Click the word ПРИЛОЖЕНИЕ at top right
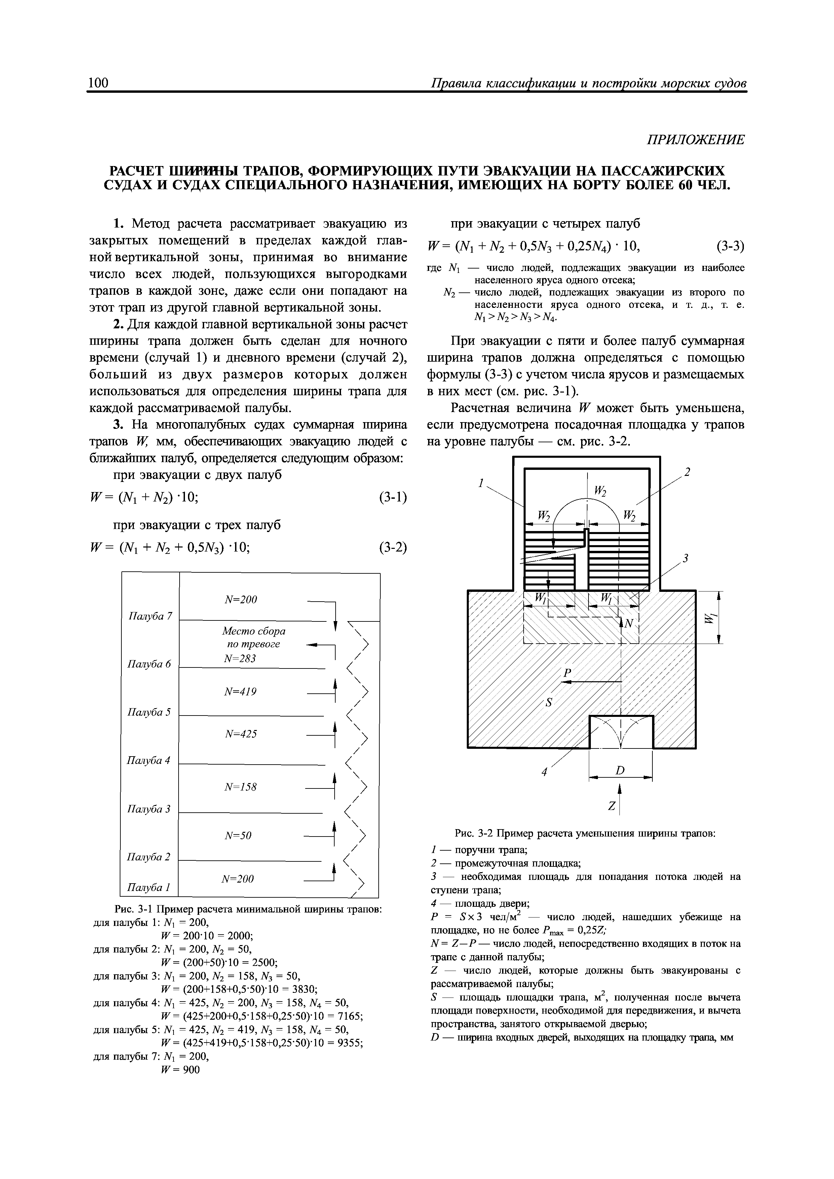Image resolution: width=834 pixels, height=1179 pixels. click(695, 140)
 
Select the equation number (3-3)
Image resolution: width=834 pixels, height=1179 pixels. click(730, 247)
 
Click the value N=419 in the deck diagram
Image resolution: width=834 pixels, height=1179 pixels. click(240, 692)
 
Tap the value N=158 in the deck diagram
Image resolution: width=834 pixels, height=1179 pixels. click(240, 787)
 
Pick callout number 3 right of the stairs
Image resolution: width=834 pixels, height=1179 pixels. click(685, 558)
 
